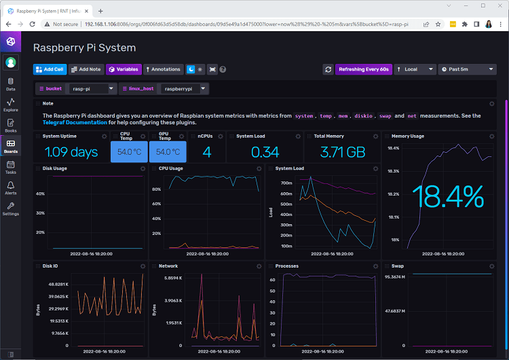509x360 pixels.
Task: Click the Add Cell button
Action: (50, 69)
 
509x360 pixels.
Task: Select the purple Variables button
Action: (124, 69)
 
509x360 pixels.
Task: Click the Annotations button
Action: (163, 69)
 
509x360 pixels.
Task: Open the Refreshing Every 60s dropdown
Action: (363, 69)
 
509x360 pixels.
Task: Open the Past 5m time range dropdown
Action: (468, 69)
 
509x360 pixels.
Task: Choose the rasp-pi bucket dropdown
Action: (92, 89)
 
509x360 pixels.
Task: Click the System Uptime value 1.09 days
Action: (71, 152)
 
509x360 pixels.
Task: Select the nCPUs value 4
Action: (206, 152)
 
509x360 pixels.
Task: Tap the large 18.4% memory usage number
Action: (447, 198)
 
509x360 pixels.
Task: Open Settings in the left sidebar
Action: (11, 208)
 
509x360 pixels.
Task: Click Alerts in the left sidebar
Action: (11, 187)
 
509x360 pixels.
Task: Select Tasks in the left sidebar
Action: (11, 167)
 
